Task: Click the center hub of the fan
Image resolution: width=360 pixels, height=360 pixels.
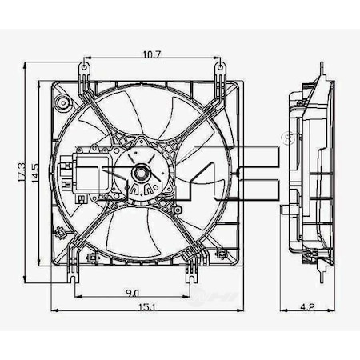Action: tap(138, 171)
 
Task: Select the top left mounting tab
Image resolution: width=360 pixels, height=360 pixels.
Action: tap(82, 72)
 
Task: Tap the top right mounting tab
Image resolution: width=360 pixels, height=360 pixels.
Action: tap(219, 72)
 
